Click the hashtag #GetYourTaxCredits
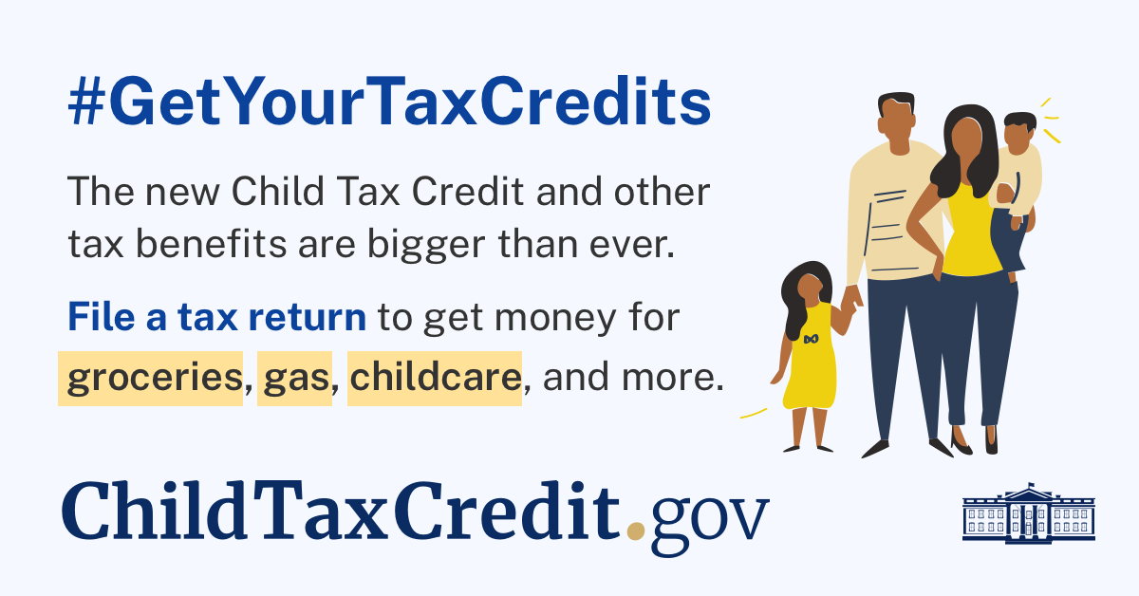pyautogui.click(x=389, y=106)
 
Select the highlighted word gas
pyautogui.click(x=292, y=380)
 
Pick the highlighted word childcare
pyautogui.click(x=435, y=380)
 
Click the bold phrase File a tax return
pyautogui.click(x=216, y=317)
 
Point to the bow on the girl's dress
pyautogui.click(x=811, y=339)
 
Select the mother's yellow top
pyautogui.click(x=970, y=228)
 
